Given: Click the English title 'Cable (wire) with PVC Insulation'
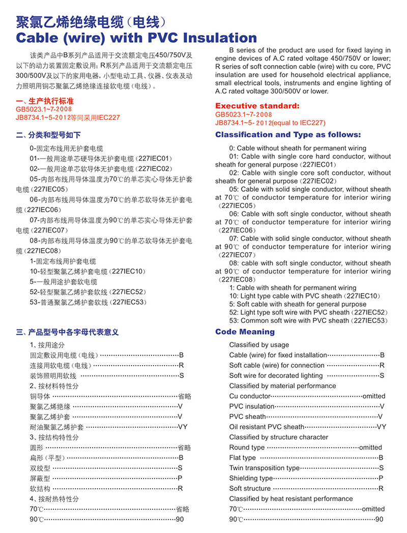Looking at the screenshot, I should [x=136, y=38].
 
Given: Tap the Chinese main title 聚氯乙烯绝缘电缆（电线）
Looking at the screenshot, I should [x=92, y=22].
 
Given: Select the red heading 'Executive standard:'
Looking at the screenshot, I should [x=257, y=106].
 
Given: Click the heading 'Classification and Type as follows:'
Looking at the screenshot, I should [x=288, y=135].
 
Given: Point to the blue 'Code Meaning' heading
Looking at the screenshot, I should [x=245, y=332].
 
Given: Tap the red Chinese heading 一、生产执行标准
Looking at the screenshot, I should [x=45, y=102].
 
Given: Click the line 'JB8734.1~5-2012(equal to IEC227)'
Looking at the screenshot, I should [x=270, y=123].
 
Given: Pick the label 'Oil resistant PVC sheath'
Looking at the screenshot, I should [x=267, y=427].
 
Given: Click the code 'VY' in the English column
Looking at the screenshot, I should [x=382, y=427].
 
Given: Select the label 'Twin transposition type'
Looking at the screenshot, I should [x=265, y=468].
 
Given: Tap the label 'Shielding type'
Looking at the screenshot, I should [x=251, y=478].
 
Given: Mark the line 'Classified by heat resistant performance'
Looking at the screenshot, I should [x=290, y=498].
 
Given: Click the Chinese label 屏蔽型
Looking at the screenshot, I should [x=40, y=478].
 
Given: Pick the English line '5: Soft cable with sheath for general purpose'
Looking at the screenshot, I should [x=298, y=304].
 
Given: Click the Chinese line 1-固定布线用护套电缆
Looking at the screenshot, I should [x=63, y=261].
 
